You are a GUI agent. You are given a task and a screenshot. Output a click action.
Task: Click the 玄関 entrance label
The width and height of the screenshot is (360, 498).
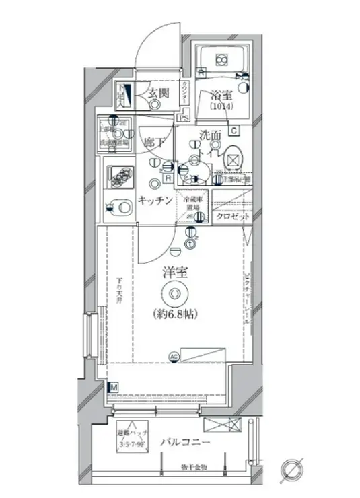point(158,95)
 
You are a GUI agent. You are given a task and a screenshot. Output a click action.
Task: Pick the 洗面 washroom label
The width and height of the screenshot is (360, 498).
point(209,135)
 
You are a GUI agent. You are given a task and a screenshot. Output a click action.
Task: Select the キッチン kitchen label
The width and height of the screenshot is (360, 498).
point(157,201)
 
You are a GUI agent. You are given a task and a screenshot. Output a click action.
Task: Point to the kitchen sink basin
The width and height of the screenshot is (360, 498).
point(120,208)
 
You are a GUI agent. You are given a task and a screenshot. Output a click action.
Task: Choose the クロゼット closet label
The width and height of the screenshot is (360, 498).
point(233,217)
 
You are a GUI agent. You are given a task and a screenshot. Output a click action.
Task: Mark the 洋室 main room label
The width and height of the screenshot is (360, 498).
point(174,273)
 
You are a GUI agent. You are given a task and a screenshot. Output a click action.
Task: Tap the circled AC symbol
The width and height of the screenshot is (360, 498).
point(174,357)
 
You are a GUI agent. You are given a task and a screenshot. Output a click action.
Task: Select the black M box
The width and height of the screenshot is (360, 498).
point(113,388)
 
